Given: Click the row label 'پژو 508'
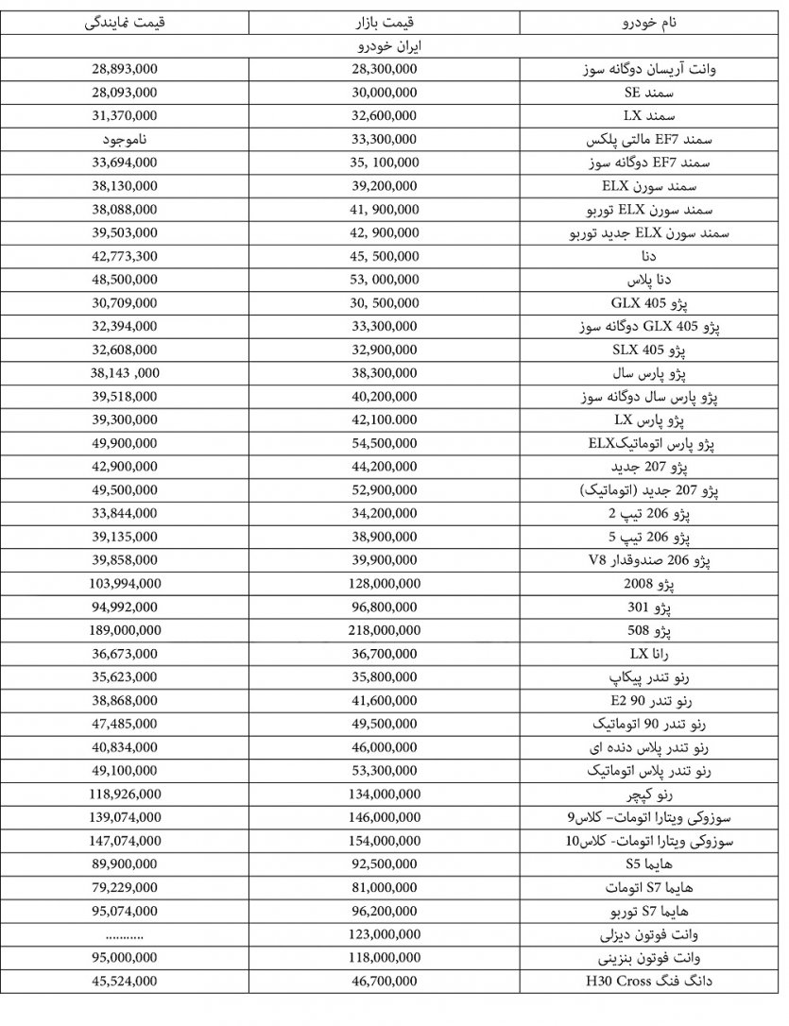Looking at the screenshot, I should (x=648, y=630).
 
